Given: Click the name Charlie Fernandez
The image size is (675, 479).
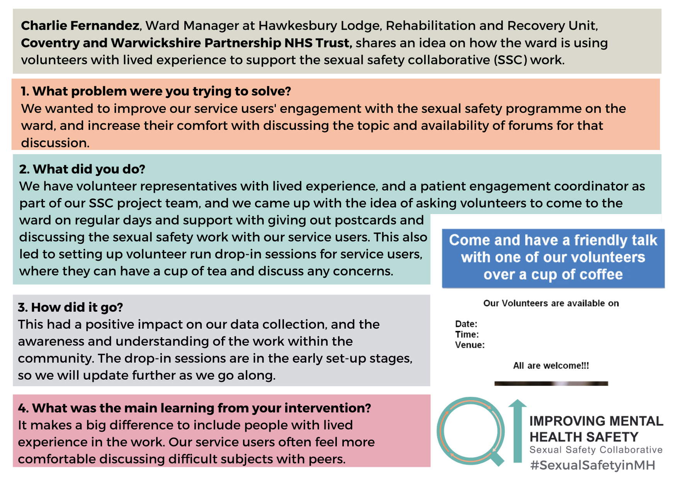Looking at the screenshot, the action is tap(80, 25).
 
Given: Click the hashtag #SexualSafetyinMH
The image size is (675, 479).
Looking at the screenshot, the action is tap(593, 465).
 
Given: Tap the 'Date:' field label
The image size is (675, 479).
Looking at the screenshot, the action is tap(466, 324).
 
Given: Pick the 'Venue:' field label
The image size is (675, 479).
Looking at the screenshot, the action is tap(470, 345).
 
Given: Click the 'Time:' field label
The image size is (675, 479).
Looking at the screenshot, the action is tap(467, 334).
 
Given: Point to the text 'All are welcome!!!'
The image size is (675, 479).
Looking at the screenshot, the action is tap(551, 365).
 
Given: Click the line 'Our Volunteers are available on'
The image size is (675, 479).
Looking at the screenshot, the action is tap(551, 303).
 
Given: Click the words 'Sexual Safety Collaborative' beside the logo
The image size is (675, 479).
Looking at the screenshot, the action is tap(596, 450).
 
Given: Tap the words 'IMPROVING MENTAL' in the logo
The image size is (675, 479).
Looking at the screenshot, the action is tap(596, 421).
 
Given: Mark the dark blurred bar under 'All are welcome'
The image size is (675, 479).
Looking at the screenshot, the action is tap(551, 384).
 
